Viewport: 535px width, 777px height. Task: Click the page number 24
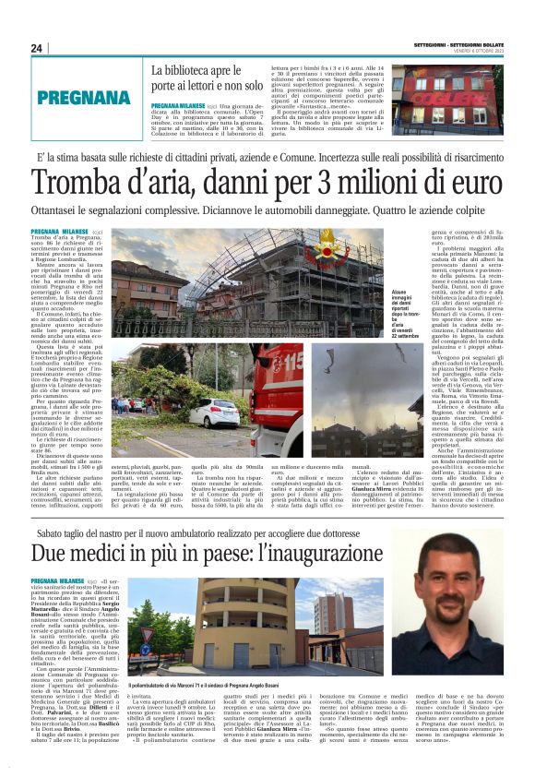37,48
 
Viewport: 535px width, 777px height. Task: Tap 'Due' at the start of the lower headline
53,556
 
